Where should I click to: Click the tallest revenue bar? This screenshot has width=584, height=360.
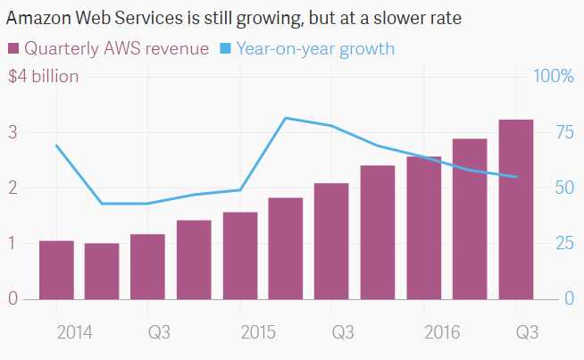pos(515,210)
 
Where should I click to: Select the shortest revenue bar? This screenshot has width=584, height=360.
pos(102,271)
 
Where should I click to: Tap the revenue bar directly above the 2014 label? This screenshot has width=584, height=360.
pos(56,270)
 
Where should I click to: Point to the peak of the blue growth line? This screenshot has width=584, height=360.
pos(286,118)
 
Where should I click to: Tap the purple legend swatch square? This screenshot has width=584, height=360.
pos(13,48)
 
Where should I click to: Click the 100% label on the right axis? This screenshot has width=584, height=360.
pos(553,76)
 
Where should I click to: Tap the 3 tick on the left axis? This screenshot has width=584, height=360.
pos(13,132)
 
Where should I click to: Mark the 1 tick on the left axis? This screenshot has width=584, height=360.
pos(13,243)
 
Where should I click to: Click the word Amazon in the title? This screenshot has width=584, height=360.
pos(36,18)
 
